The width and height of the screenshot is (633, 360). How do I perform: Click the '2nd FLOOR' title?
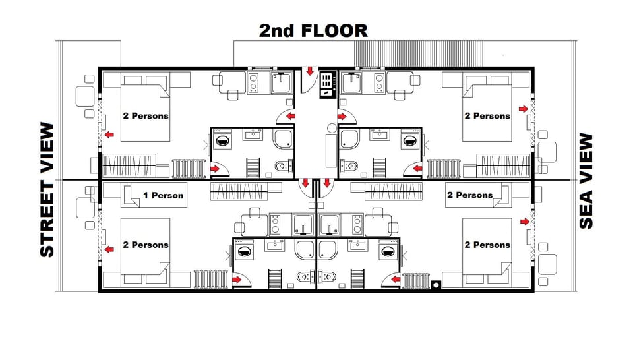[x=313, y=30]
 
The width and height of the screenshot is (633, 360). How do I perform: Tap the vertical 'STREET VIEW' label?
[x=47, y=190]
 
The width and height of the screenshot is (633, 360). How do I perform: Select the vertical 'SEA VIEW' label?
[x=586, y=181]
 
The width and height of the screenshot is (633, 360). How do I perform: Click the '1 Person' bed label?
[x=163, y=195]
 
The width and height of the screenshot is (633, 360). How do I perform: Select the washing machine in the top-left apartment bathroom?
[x=222, y=140]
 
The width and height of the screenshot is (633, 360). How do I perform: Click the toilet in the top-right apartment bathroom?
[x=349, y=165]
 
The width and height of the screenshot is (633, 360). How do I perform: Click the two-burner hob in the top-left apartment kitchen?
[x=253, y=82]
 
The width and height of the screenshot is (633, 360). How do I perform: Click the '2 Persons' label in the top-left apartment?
[x=146, y=116]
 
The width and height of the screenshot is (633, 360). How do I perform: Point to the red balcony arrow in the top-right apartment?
[x=524, y=109]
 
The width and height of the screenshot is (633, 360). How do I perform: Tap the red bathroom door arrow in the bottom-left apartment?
[x=235, y=280]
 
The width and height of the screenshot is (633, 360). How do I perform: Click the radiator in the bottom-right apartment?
[x=415, y=281]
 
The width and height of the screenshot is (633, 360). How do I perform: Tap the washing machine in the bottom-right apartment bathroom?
[x=388, y=251]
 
